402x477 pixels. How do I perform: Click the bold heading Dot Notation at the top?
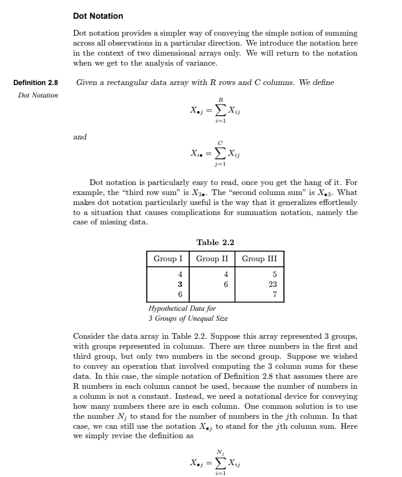point(98,16)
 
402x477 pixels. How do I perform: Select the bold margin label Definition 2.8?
point(36,83)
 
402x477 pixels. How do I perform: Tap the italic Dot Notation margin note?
point(38,95)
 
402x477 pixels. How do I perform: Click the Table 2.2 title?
point(215,243)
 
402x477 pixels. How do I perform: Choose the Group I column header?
point(168,258)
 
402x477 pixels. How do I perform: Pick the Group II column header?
point(212,258)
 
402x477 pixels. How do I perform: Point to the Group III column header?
point(259,258)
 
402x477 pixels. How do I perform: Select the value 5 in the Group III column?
point(273,273)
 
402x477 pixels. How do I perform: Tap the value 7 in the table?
point(273,294)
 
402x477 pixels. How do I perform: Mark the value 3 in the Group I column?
point(180,283)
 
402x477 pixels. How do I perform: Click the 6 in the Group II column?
point(226,283)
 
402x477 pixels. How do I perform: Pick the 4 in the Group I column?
point(180,273)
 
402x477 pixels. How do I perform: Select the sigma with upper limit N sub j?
point(219,462)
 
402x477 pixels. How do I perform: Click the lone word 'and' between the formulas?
point(80,137)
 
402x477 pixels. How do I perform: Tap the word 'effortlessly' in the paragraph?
point(336,203)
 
